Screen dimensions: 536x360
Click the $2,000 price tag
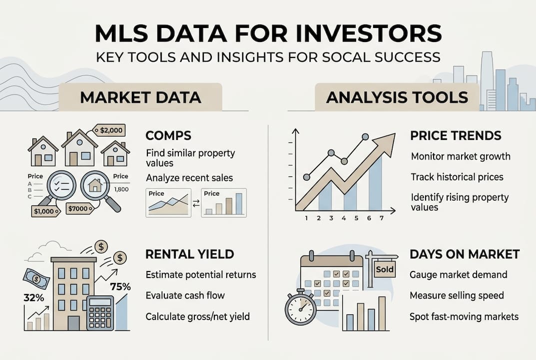coord(109,130)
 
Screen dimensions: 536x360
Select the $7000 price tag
coord(80,208)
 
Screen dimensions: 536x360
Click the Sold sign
coord(385,269)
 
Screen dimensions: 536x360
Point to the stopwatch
coord(301,306)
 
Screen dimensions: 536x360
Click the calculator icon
coord(100,313)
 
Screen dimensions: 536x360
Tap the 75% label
coord(120,286)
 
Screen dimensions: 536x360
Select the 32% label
coord(34,297)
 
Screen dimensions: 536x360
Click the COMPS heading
coord(168,135)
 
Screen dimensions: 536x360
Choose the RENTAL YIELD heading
coord(190,254)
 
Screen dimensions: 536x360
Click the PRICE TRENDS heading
coord(456,135)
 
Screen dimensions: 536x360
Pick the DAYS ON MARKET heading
coord(465,254)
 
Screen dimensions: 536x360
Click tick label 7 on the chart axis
coord(382,218)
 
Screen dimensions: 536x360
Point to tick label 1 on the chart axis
coord(306,218)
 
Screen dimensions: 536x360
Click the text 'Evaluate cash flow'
coord(185,295)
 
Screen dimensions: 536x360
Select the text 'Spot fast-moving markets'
coord(464,316)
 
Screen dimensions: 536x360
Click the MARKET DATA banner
coord(140,97)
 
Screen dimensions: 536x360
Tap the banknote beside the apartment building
coord(36,278)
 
